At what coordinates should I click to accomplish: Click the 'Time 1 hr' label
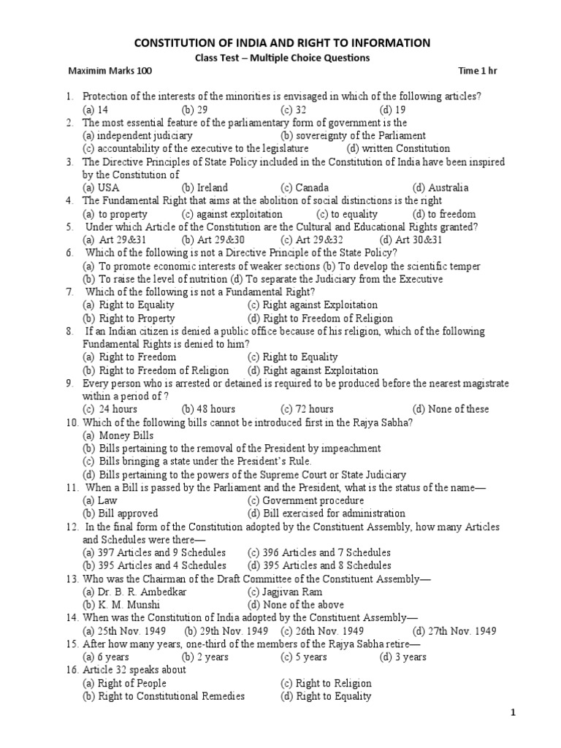click(x=478, y=71)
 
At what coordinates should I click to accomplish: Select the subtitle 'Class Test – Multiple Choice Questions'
click(x=280, y=58)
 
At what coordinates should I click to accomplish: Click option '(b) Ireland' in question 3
click(x=205, y=188)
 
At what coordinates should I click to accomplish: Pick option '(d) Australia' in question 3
click(x=440, y=188)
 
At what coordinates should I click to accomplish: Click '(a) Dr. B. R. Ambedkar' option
click(x=134, y=592)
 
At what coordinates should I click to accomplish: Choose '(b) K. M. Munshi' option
click(x=120, y=605)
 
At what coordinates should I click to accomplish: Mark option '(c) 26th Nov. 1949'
click(x=322, y=631)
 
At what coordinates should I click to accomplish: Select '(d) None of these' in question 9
click(x=451, y=409)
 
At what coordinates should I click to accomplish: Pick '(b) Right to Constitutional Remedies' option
click(x=163, y=696)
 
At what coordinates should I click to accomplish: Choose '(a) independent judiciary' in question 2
click(x=137, y=135)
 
